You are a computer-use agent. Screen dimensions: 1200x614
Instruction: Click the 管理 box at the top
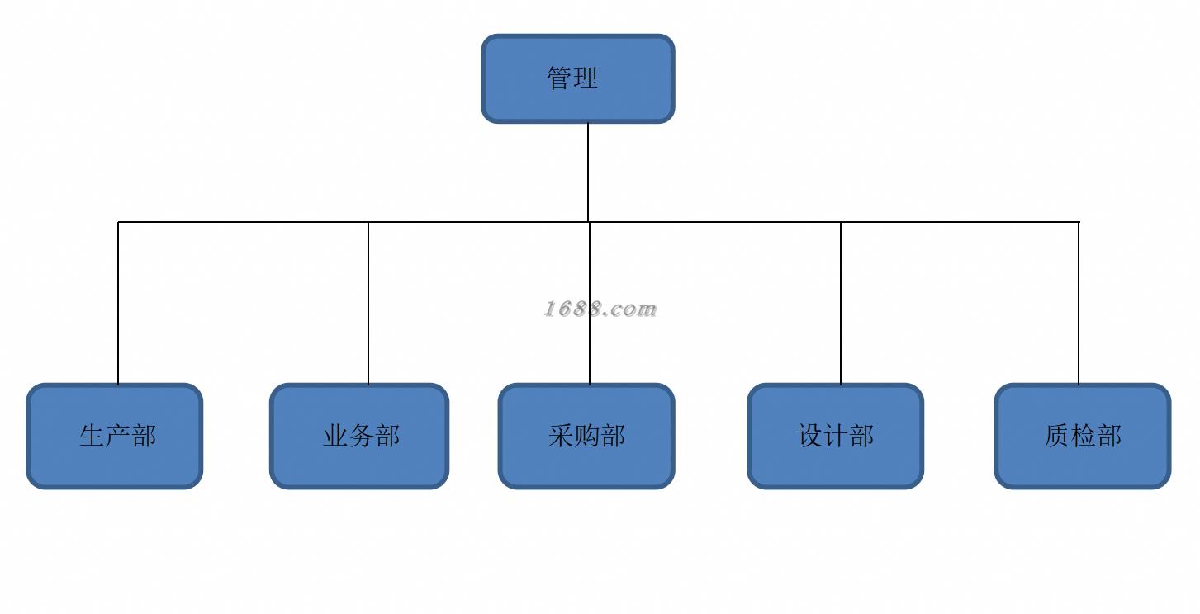[577, 78]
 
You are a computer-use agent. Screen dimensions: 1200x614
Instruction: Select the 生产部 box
[115, 436]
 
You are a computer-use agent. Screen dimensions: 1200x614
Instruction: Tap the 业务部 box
[359, 436]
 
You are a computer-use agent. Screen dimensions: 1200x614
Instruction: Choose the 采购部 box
[586, 436]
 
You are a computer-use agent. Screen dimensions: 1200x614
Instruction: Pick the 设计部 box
[835, 436]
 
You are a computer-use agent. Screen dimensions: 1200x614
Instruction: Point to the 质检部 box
[1082, 436]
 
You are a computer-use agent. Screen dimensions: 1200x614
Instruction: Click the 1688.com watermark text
[600, 309]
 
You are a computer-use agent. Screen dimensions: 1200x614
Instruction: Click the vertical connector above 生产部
[118, 303]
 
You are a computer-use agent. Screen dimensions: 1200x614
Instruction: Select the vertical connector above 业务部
[368, 303]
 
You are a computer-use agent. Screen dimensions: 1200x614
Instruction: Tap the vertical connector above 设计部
[841, 303]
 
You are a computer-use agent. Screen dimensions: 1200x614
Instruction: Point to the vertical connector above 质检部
[1079, 303]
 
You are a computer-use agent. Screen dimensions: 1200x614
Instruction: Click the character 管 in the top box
[559, 78]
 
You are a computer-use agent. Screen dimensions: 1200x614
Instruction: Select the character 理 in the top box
[585, 78]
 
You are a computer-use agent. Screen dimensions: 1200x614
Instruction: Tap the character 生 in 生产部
[92, 436]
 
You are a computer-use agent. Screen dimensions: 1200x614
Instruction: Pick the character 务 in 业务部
[362, 436]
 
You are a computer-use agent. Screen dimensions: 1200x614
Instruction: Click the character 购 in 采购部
[586, 436]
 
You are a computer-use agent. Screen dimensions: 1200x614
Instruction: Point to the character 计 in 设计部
[836, 436]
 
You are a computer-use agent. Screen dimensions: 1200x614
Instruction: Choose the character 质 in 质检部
[1057, 436]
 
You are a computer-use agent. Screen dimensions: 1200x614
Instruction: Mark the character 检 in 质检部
[1083, 436]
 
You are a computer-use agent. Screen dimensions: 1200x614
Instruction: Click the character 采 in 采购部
[561, 436]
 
